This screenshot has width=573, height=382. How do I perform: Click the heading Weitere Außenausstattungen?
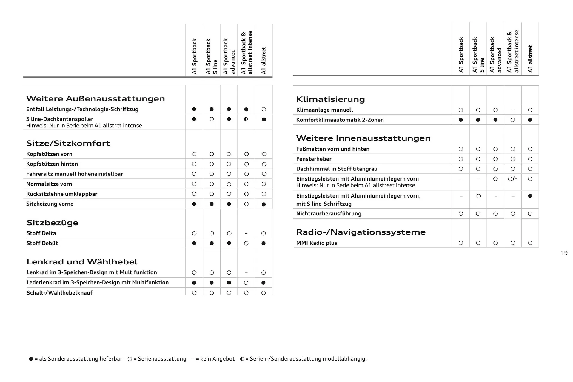95,99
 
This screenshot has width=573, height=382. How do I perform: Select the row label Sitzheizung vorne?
50,204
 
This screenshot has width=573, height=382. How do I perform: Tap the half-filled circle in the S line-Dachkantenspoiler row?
246,119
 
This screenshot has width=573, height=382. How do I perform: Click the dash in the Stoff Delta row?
246,233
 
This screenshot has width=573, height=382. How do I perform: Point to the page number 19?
564,253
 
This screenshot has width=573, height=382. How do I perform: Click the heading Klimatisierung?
330,99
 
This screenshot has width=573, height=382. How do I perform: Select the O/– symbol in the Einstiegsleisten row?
512,179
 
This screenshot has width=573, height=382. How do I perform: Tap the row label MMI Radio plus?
316,243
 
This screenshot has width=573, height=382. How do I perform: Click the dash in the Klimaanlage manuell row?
512,110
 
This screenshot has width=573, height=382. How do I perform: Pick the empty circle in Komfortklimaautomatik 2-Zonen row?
512,120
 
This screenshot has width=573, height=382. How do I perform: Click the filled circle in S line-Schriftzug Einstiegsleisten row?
530,196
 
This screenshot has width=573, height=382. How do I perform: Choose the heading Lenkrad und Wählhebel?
82,262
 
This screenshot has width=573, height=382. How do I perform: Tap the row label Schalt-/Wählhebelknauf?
59,293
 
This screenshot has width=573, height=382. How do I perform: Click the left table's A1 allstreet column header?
263,60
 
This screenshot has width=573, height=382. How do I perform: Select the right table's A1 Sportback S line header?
478,55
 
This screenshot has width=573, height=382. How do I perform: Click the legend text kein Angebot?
217,359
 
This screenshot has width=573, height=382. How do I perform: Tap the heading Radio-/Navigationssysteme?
361,232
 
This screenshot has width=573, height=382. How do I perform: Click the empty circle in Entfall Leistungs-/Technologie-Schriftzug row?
264,110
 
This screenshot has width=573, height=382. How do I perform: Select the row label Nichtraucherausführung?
329,214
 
